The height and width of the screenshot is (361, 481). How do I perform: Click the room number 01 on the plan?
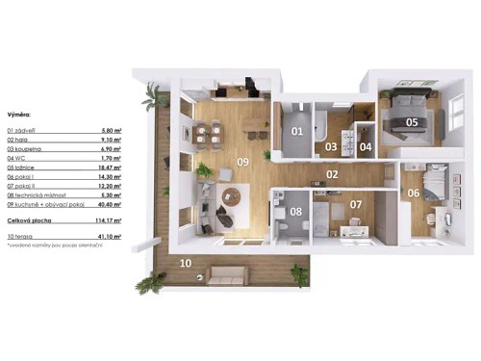tap(297, 131)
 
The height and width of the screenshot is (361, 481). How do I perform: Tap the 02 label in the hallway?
tap(332, 174)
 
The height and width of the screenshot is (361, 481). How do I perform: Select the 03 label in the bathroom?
tap(330, 147)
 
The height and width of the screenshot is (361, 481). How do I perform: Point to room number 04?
tap(366, 147)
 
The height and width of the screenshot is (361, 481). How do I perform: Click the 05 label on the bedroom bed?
tap(411, 122)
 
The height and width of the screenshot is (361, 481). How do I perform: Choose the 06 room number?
tap(414, 193)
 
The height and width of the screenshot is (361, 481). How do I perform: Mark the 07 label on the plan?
tap(355, 204)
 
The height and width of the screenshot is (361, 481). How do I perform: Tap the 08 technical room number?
tap(296, 211)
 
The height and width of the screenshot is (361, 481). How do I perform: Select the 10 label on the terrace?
tap(186, 262)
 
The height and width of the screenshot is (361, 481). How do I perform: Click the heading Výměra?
tap(18, 112)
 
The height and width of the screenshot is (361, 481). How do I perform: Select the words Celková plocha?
tap(27, 220)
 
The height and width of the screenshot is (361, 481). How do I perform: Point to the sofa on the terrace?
tap(227, 276)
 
